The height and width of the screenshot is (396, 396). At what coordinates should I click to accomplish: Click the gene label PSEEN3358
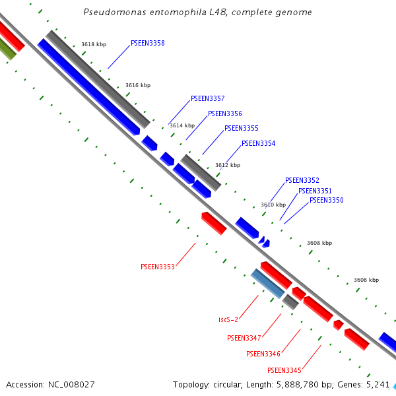point(147,44)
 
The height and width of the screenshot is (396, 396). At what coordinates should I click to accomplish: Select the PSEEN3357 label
point(207,99)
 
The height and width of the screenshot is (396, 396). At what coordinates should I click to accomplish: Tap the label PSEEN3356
point(224,114)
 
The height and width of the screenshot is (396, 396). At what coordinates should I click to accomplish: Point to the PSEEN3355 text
point(241,129)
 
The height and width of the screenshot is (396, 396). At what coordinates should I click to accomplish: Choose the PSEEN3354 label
point(258,144)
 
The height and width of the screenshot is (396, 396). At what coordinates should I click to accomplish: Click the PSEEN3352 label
point(302,181)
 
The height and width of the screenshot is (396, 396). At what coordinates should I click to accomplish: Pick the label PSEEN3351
point(315,191)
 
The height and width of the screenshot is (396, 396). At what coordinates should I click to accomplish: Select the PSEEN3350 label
point(326,201)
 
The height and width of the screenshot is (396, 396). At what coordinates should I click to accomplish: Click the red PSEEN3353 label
point(157,267)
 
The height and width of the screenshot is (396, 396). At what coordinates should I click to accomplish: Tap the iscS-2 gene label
point(228,320)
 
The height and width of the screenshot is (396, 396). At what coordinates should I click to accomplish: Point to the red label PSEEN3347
point(244,339)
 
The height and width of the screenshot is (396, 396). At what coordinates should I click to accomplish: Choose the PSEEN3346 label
point(263,354)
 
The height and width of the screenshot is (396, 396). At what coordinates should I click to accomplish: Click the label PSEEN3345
point(284,370)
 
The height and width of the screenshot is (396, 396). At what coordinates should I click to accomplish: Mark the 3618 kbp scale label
point(94,45)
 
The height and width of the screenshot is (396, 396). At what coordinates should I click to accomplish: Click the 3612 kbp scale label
point(228,166)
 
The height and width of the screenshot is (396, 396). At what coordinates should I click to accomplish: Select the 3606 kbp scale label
point(366,280)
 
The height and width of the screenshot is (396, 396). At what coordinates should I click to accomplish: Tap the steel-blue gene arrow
point(267,283)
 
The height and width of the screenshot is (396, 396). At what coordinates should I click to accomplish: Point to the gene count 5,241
point(378,384)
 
